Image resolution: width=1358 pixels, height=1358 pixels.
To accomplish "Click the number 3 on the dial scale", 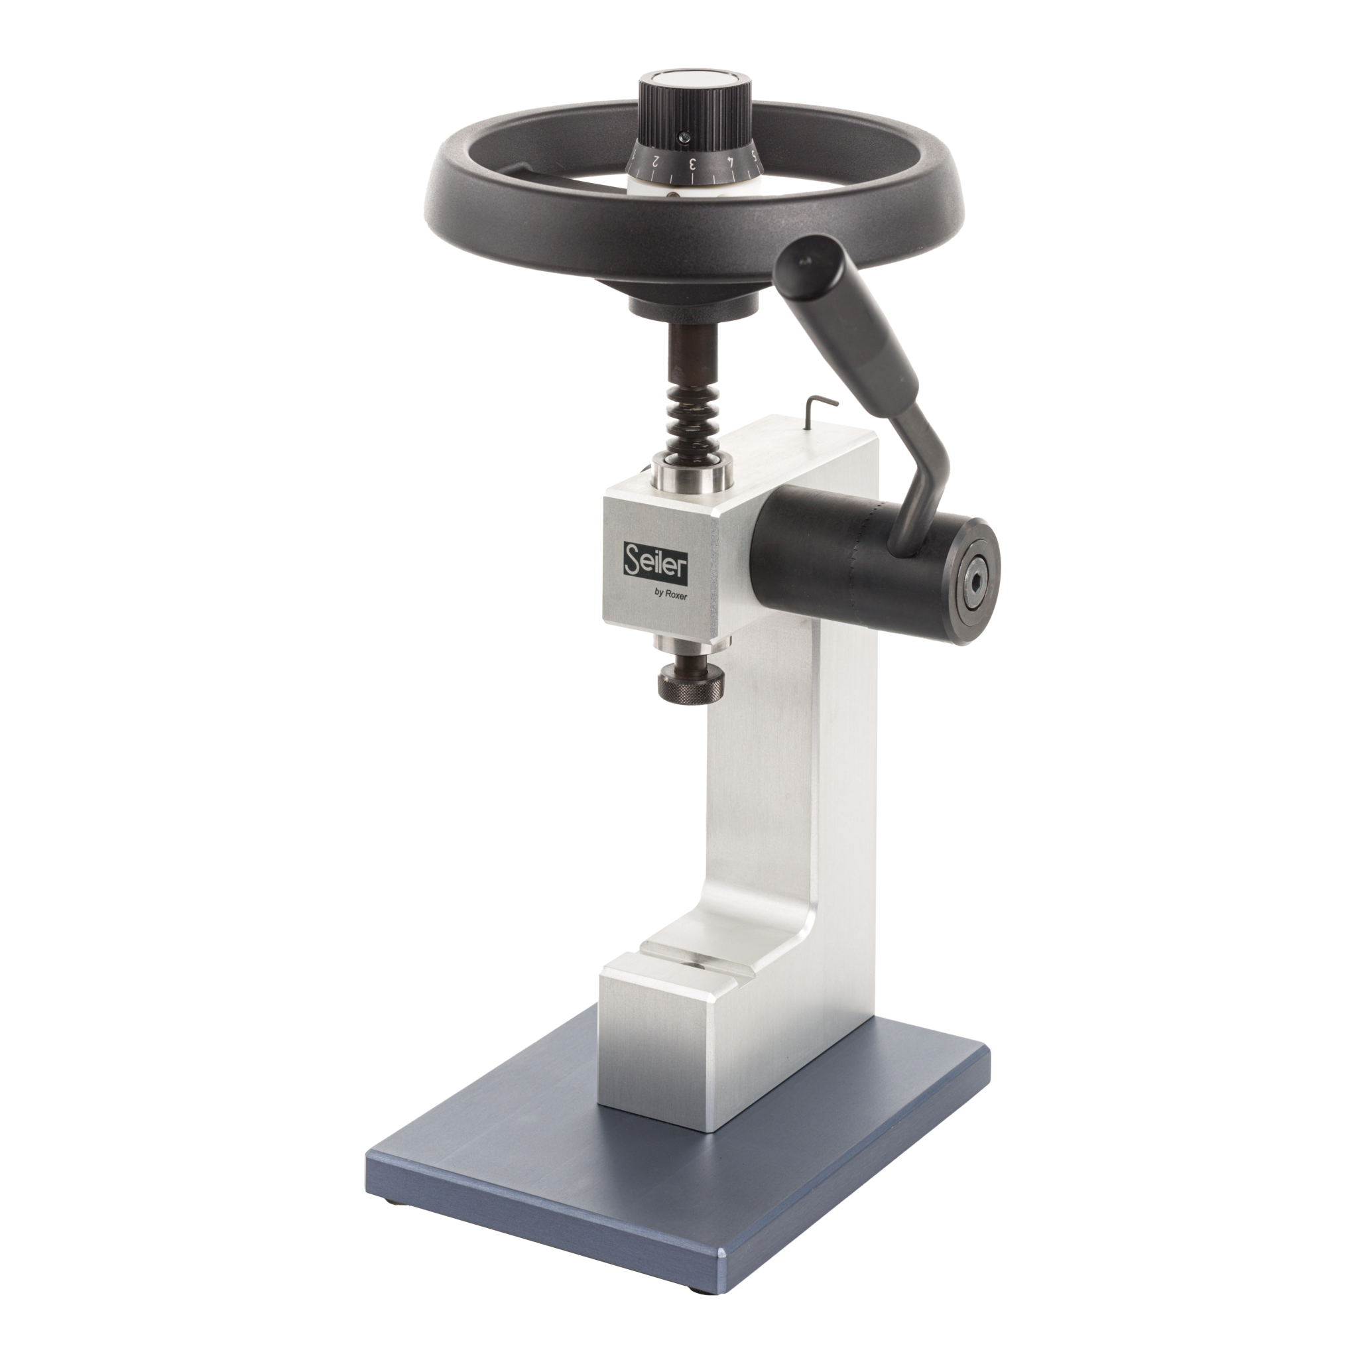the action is pyautogui.click(x=692, y=163).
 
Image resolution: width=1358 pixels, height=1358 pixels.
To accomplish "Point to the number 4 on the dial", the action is pyautogui.click(x=731, y=162).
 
